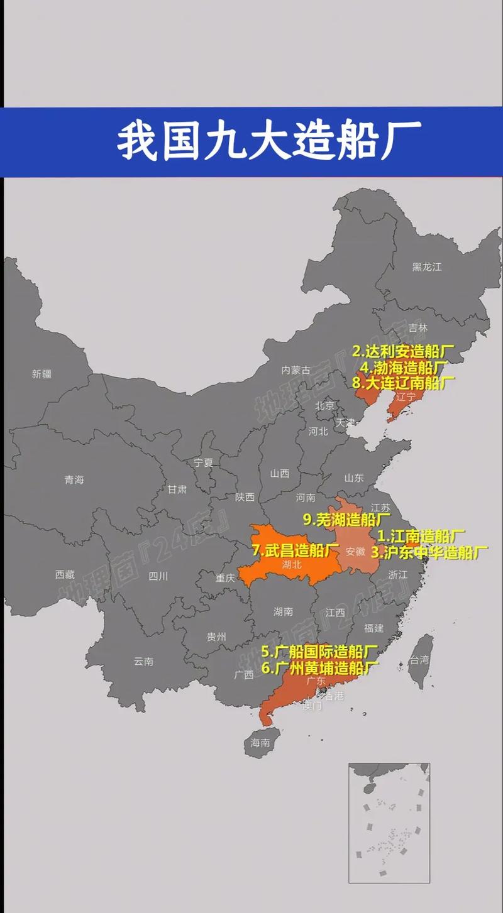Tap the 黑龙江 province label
pos(427,267)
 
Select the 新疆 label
pos(41,374)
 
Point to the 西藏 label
pos(65,574)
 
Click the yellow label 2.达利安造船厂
pos(402,351)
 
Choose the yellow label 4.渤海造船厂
pos(404,367)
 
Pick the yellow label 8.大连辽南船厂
pos(403,382)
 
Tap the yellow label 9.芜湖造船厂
pos(346,520)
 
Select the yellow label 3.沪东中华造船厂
pos(429,553)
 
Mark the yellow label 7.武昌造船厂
pos(296,550)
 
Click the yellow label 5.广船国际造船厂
pos(319,651)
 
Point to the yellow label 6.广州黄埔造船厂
pos(320,667)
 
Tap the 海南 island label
pos(260,742)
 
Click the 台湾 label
pos(419,660)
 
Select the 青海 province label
pos(74,479)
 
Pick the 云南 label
pos(143,661)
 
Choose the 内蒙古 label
pos(296,369)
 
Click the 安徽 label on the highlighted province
pos(355,551)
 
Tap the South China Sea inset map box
pos(389,823)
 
